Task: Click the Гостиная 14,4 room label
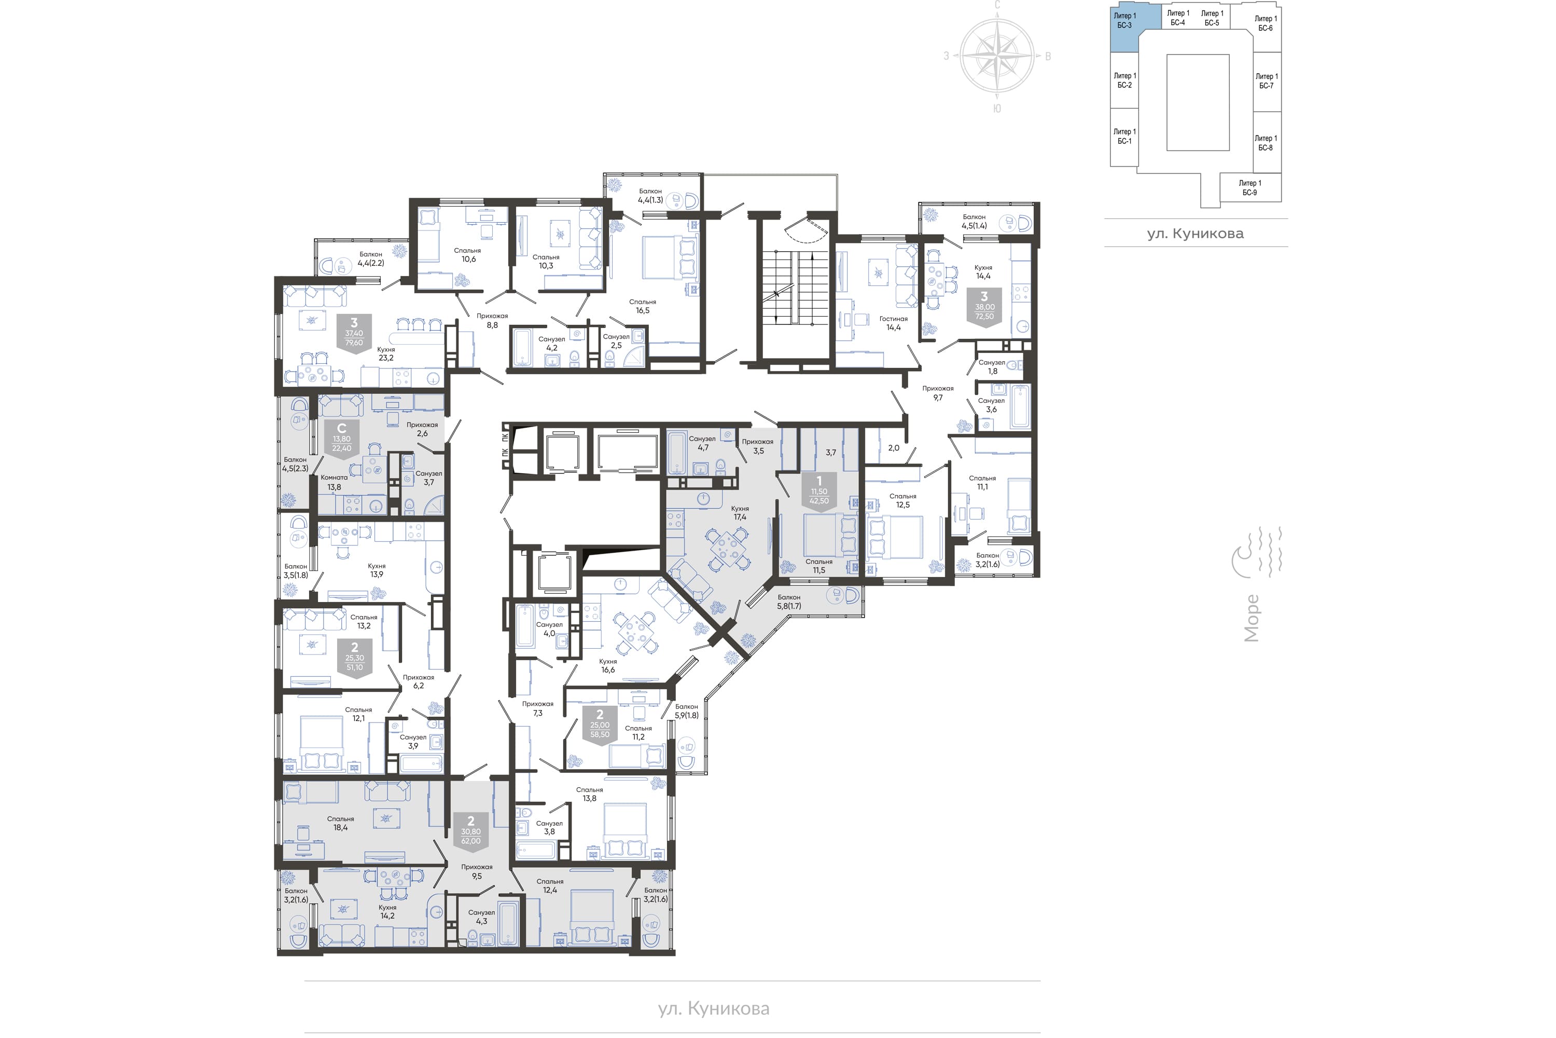coord(893,323)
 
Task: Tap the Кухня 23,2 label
coord(386,353)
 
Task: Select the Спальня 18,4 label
coord(341,823)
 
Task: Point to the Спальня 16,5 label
coord(643,306)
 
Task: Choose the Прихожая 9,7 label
coord(938,393)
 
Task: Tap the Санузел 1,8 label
coord(992,367)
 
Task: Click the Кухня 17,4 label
coord(740,512)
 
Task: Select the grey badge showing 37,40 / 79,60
coord(354,334)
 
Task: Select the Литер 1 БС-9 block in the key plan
coord(1249,188)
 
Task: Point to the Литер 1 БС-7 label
coord(1266,81)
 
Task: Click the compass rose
coord(997,56)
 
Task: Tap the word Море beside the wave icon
coord(1251,618)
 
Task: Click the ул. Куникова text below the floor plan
coord(714,1008)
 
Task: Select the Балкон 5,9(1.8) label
coord(686,711)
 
